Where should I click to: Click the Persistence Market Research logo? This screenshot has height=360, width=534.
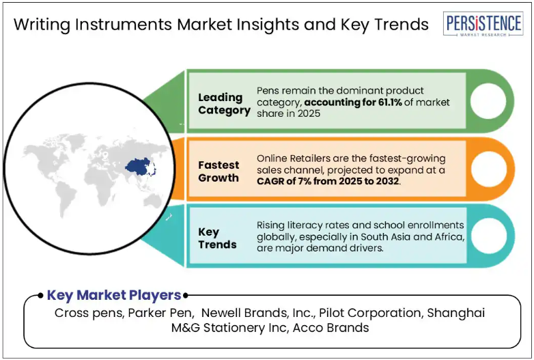point(483,24)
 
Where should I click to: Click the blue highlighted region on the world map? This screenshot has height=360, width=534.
point(139,166)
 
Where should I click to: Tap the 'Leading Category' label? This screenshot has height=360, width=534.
point(224,104)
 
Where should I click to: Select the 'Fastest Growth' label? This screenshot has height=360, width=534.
point(219,171)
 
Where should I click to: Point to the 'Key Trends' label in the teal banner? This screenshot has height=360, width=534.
point(217,238)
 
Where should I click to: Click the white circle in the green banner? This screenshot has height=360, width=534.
point(488,101)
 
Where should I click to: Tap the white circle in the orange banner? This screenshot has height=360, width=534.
point(489,169)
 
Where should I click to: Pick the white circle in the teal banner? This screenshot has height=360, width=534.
point(489,236)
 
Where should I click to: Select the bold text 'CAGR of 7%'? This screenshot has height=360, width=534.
point(284,181)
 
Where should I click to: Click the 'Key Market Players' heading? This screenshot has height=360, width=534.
point(114,295)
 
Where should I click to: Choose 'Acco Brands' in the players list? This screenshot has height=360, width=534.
point(331,328)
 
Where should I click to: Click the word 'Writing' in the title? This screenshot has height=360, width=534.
point(42,25)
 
